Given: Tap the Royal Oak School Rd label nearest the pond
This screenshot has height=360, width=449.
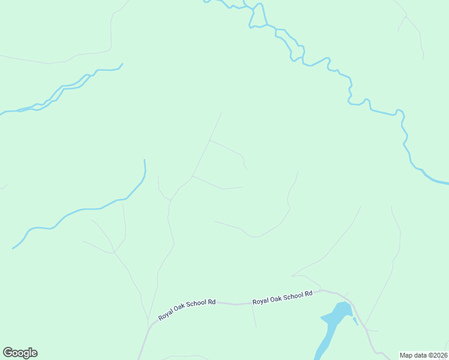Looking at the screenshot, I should [282, 298].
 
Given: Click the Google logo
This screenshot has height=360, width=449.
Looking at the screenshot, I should [20, 353].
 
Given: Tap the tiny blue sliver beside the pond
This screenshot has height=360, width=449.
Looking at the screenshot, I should [355, 321].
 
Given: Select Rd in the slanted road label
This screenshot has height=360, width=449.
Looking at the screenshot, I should [211, 303].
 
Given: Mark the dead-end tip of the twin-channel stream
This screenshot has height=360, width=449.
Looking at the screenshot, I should [122, 64].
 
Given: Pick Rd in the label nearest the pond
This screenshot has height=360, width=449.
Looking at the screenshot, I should [309, 294].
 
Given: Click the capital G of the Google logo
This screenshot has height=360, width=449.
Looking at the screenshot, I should [8, 353].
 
